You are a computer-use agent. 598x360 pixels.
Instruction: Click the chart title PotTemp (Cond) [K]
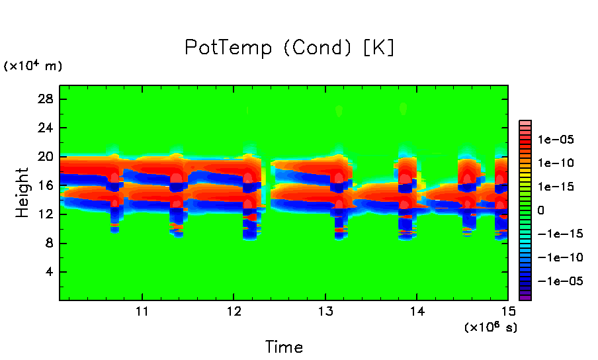290,48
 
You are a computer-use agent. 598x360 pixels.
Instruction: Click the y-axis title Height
22,193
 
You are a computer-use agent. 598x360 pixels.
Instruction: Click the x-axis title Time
284,347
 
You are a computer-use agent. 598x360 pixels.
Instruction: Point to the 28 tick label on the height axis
47,99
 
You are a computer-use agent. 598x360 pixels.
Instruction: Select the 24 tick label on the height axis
47,128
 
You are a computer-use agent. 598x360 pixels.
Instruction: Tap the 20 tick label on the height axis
47,157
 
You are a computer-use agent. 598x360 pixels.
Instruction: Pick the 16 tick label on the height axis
48,186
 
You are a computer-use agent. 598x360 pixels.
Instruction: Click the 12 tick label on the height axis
48,214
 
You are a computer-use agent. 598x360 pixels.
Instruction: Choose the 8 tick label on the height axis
51,244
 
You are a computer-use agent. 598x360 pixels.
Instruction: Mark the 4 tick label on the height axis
51,272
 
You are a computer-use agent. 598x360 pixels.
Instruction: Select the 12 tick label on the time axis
233,312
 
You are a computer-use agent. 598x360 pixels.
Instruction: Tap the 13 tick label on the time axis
324,312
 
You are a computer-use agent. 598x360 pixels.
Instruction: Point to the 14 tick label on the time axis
416,312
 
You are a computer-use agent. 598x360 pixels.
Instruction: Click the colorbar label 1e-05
555,140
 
